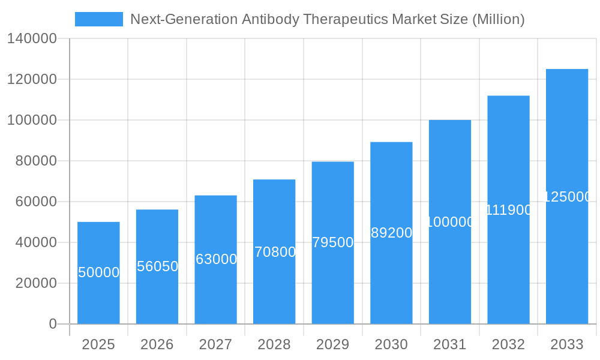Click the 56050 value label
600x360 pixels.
click(157, 266)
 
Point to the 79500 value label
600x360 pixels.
click(333, 242)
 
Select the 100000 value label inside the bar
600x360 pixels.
click(450, 222)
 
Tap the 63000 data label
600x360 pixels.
click(216, 259)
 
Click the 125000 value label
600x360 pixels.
click(568, 197)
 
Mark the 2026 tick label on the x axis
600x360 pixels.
click(157, 344)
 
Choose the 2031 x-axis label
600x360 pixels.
click(450, 344)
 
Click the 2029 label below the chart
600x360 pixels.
click(333, 344)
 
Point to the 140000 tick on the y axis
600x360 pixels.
click(32, 39)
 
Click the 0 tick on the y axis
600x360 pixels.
click(53, 324)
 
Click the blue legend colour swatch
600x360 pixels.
click(98, 19)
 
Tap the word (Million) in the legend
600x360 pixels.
click(498, 19)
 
